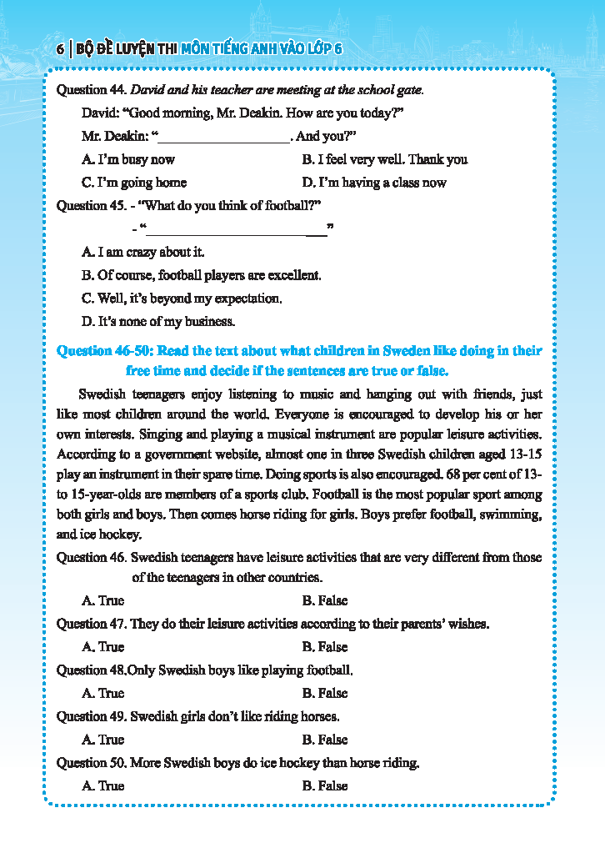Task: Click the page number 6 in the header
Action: (x=61, y=49)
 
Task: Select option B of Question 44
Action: (x=384, y=159)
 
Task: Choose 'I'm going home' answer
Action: (x=134, y=183)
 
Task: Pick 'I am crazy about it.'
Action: (x=142, y=252)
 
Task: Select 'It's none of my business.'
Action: (x=158, y=321)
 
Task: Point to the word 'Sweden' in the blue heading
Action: (x=414, y=351)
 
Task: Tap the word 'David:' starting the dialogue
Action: (x=101, y=113)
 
